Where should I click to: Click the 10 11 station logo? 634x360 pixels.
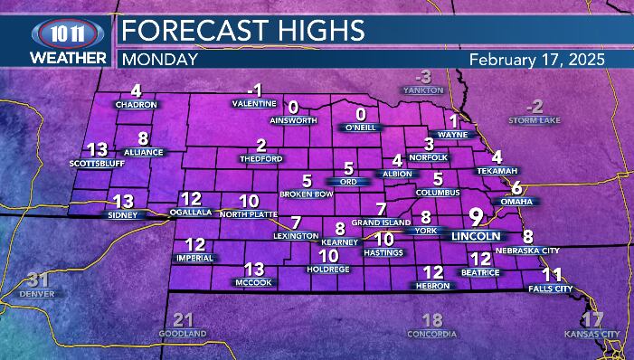(55, 32)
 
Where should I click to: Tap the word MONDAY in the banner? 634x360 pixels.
(159, 60)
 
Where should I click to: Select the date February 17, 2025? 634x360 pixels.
(537, 59)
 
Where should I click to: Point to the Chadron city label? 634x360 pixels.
(137, 105)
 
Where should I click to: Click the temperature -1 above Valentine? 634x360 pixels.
(255, 90)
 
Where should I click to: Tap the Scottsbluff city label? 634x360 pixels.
(96, 164)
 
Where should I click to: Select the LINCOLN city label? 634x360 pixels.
(476, 236)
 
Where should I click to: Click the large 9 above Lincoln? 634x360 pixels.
(476, 217)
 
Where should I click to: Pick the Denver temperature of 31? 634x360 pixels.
(38, 279)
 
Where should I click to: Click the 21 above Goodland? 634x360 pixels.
(184, 319)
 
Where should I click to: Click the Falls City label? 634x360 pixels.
(551, 289)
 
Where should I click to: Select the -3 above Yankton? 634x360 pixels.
(423, 76)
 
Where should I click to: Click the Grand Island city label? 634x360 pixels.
(382, 223)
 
